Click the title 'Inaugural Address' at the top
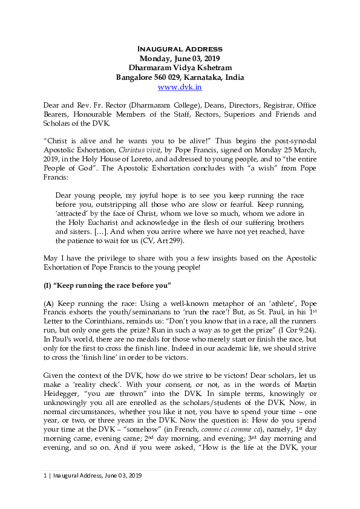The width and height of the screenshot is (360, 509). click(x=180, y=48)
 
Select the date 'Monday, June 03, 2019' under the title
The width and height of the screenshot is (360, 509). click(x=180, y=58)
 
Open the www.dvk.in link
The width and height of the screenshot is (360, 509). click(x=180, y=87)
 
